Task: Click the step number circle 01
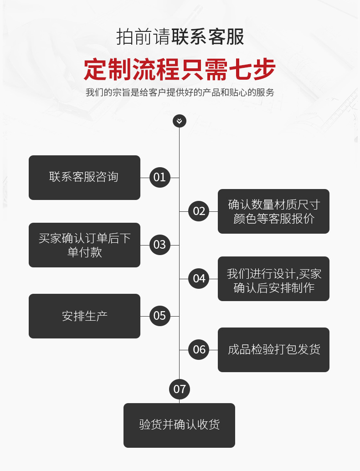(159, 177)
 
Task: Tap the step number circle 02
(199, 211)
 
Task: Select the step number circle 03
(159, 245)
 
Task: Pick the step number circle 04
(199, 278)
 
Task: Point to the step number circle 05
(159, 316)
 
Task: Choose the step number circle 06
(199, 349)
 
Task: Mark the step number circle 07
(180, 389)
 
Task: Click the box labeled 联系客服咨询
(84, 177)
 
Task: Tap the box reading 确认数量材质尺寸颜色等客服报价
(273, 211)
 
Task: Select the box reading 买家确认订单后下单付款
(84, 245)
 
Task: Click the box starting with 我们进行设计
(273, 279)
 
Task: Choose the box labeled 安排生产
(84, 316)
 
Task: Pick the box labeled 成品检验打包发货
(273, 350)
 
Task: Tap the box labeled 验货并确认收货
(179, 425)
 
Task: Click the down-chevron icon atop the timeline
(180, 121)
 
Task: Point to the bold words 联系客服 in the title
(208, 37)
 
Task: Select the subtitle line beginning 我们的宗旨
(180, 92)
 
